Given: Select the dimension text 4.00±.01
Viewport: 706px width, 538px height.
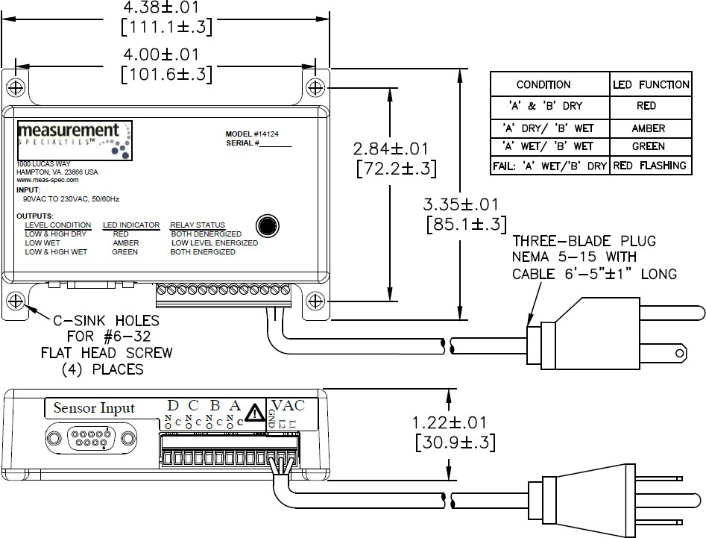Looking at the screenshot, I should tap(166, 55).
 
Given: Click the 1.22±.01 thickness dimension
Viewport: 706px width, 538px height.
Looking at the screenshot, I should tap(453, 423).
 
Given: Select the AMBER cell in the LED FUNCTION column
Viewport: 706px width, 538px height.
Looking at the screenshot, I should tap(648, 128).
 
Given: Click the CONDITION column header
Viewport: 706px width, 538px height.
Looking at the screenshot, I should tap(543, 84).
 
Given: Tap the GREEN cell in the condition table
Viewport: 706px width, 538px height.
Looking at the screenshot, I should tap(648, 146).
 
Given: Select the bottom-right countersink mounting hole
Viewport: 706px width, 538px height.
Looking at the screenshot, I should tap(315, 302).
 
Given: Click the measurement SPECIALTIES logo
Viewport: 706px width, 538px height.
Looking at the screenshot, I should tap(75, 140).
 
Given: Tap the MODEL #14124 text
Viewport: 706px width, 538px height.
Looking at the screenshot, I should tap(256, 135).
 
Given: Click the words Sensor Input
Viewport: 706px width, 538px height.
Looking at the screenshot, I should tap(94, 408).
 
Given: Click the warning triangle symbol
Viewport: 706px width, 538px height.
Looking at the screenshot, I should tap(256, 412).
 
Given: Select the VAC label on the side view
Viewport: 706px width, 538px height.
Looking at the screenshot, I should tap(290, 404).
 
